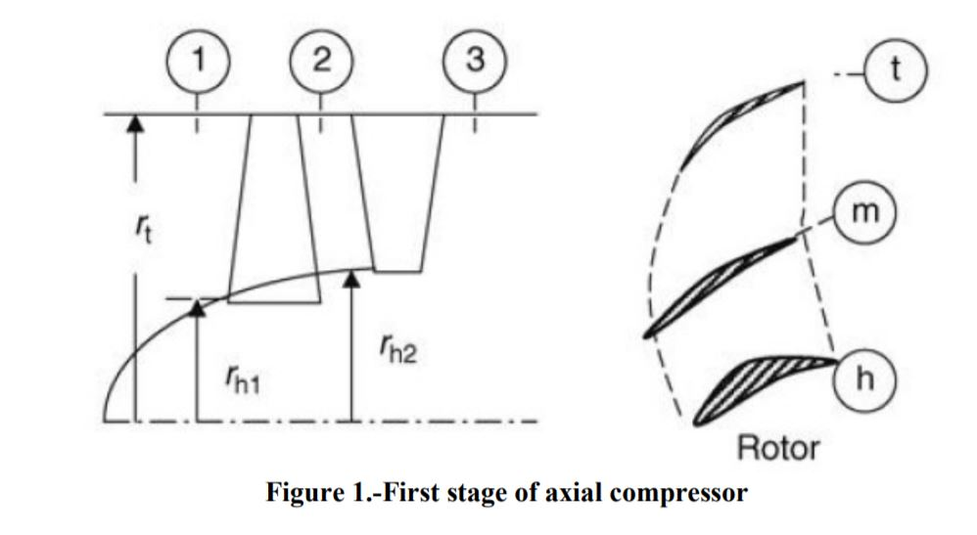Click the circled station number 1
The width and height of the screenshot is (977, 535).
click(198, 61)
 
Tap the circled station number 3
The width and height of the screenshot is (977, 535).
click(475, 61)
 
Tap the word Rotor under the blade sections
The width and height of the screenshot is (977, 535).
click(778, 449)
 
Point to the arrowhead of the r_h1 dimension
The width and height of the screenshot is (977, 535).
click(197, 308)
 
